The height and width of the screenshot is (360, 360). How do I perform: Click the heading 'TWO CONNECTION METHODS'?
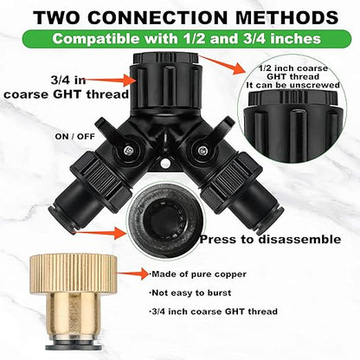(180, 16)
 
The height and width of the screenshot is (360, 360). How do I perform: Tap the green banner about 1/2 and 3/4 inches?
(180, 39)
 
